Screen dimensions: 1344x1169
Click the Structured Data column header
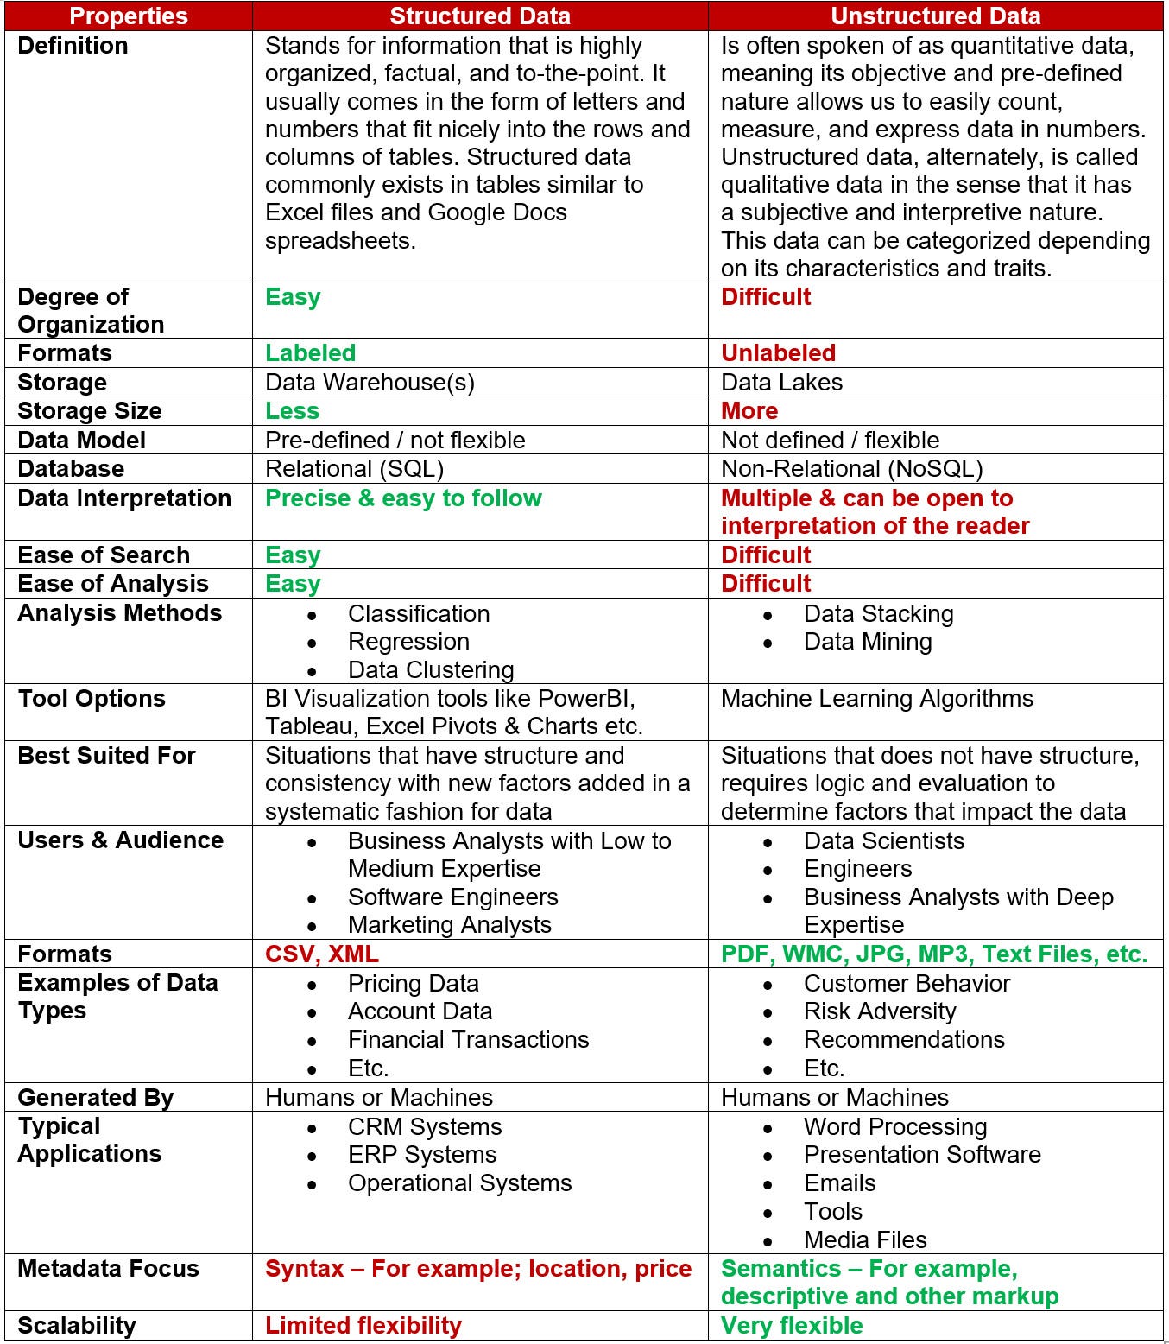(x=479, y=16)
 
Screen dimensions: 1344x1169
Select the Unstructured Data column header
(x=935, y=16)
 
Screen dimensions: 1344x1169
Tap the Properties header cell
(x=128, y=16)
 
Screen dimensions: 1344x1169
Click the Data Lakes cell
(x=781, y=382)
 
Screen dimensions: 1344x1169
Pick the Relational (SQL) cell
(x=354, y=468)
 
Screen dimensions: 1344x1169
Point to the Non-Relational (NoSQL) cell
(x=851, y=468)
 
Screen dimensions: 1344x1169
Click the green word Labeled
(x=310, y=352)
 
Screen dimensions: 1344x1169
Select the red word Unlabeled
(x=778, y=352)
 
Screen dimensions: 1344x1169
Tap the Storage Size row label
(x=90, y=410)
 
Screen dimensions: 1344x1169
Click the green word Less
(x=292, y=410)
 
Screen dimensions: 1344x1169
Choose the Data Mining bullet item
(x=867, y=642)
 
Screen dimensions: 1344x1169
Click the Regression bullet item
(x=408, y=642)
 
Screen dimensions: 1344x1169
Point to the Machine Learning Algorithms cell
(x=876, y=698)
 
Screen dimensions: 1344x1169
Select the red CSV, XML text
(x=321, y=954)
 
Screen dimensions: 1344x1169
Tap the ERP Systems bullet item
(x=421, y=1155)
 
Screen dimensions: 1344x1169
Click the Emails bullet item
(x=839, y=1183)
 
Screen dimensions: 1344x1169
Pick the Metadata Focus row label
(x=108, y=1268)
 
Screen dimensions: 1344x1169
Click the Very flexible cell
(x=792, y=1325)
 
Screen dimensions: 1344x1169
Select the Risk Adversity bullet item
(x=879, y=1011)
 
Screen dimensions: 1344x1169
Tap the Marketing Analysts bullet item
(x=449, y=924)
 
